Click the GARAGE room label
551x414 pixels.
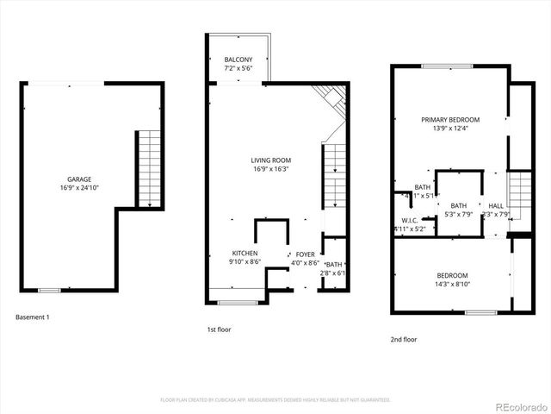[79, 179]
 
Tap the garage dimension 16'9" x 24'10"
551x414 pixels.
[79, 187]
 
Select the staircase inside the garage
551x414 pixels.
[150, 169]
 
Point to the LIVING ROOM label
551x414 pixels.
[270, 160]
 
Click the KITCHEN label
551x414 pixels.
[245, 254]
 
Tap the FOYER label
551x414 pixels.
[306, 254]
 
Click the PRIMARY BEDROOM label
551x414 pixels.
[450, 120]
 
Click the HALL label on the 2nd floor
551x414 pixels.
[496, 205]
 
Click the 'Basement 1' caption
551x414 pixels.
[33, 317]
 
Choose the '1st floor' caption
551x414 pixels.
[219, 329]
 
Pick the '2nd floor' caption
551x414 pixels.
[404, 340]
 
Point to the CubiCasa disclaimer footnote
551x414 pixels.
[275, 400]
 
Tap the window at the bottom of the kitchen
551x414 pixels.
[237, 302]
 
